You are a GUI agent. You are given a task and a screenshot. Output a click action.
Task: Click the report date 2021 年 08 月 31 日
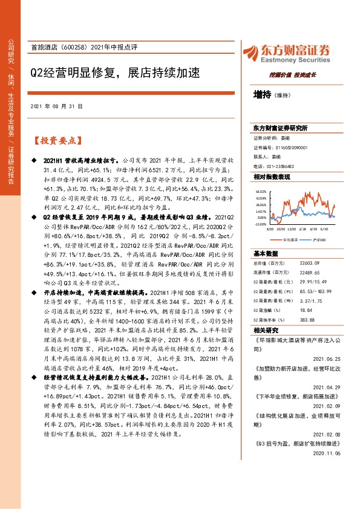coord(56,105)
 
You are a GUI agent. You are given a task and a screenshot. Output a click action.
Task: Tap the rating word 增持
coord(263,94)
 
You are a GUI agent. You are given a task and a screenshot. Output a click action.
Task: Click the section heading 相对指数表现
coord(272,177)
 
